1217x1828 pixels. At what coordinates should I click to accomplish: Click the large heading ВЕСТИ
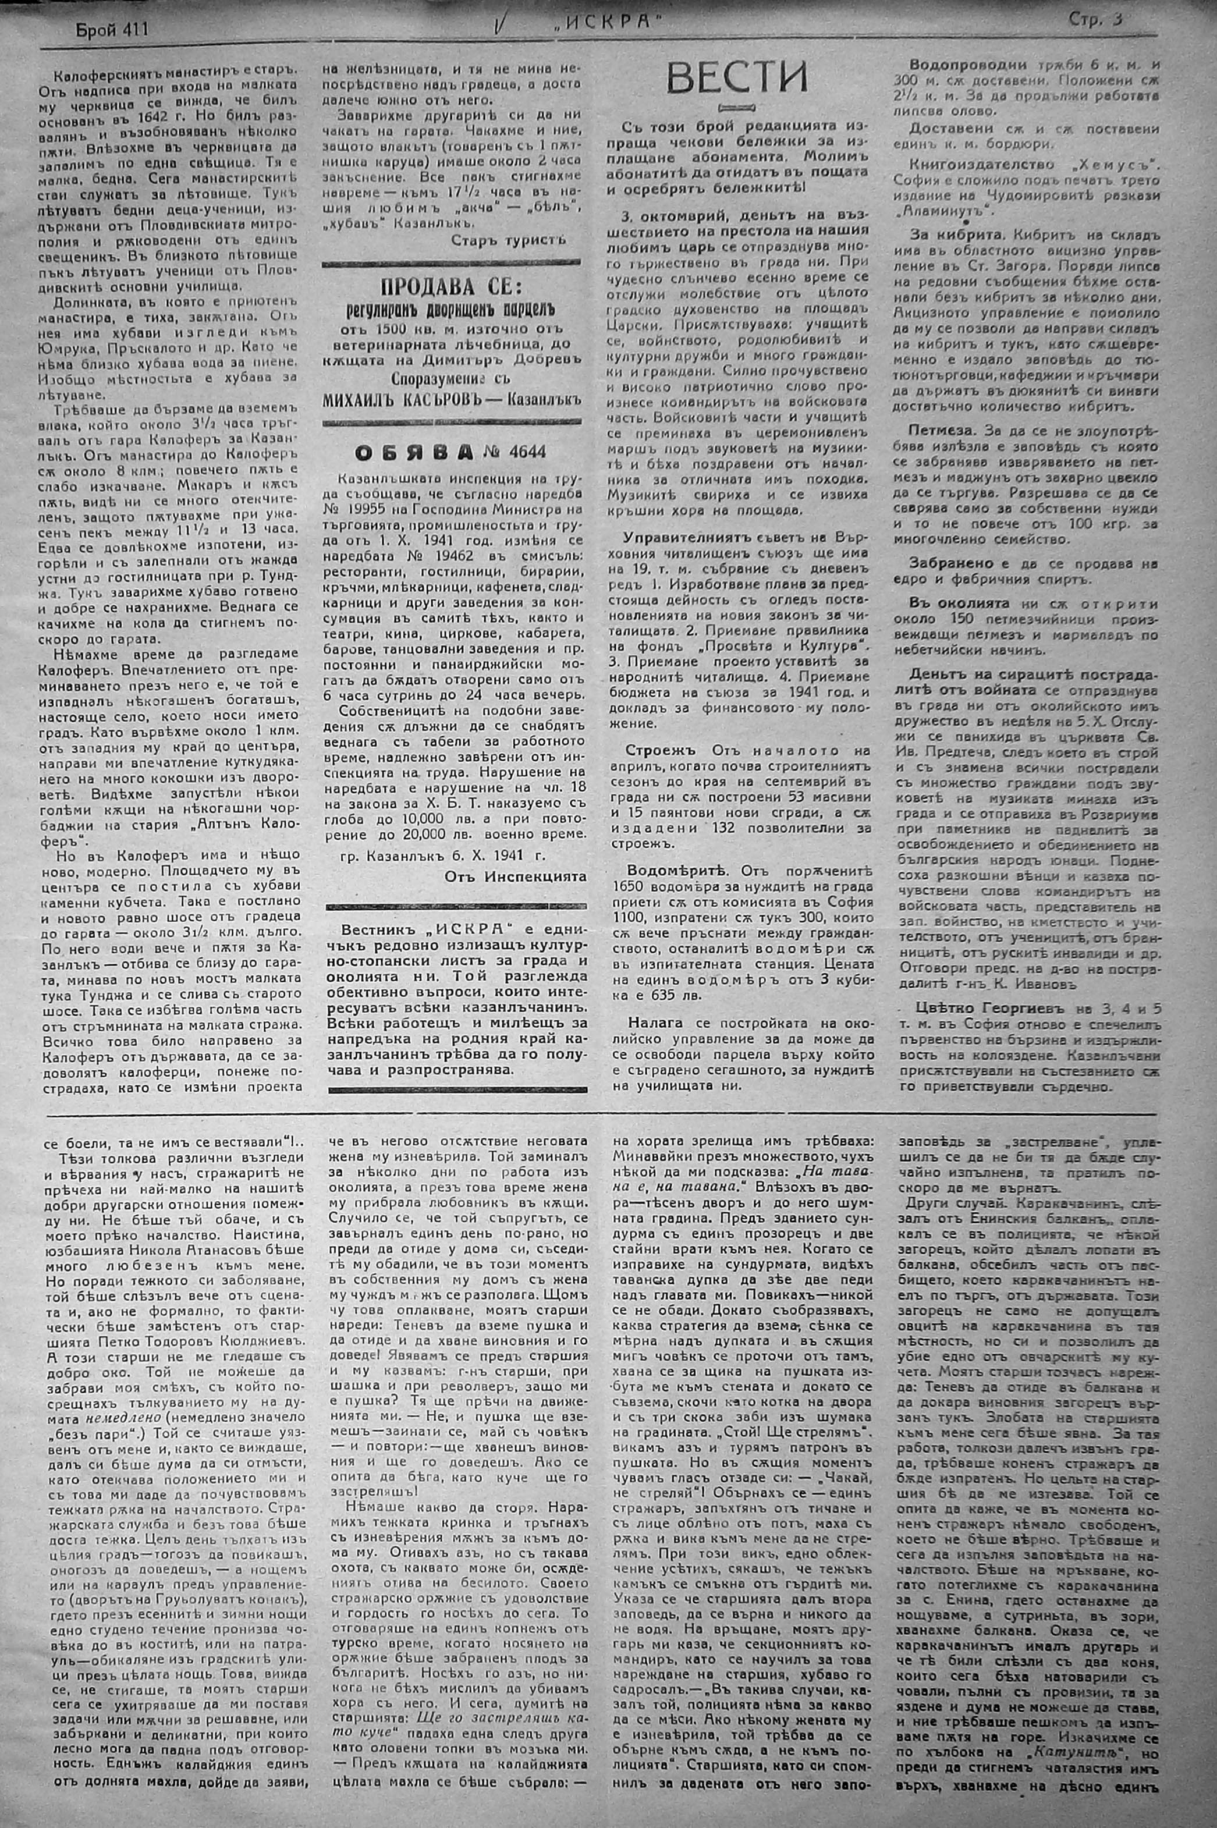[737, 77]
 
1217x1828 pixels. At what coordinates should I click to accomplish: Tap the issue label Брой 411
[112, 30]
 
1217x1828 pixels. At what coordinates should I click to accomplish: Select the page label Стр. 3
[1094, 21]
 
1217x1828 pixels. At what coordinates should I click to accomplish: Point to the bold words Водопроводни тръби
[980, 65]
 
